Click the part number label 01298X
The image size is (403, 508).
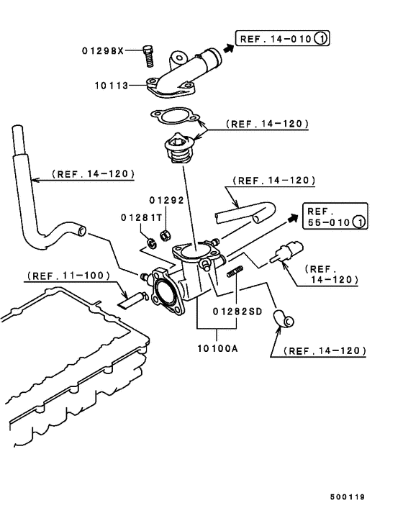(x=102, y=50)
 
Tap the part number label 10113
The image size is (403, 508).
(x=111, y=85)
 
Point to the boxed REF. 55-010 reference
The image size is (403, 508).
(x=334, y=216)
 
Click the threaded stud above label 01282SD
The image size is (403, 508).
(x=237, y=273)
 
